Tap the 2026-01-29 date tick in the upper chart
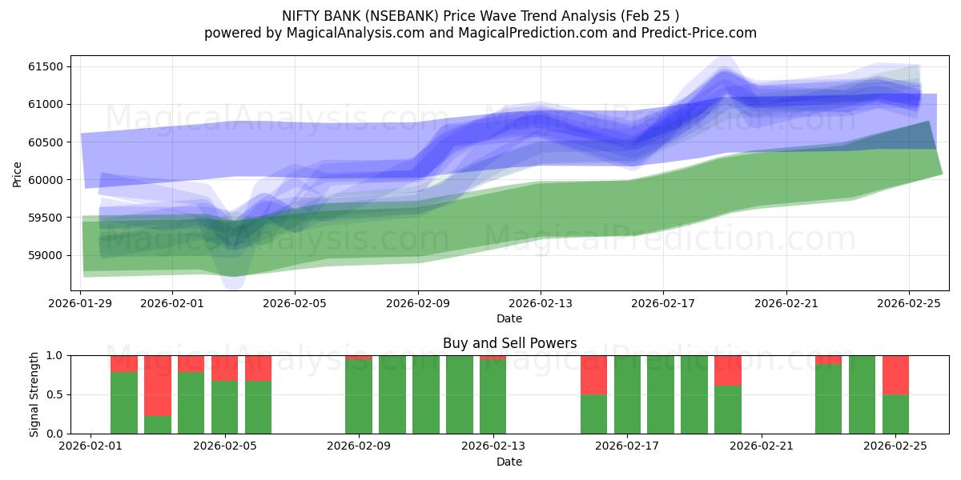[81, 303]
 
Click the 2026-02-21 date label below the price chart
[786, 303]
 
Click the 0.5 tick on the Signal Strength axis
[56, 394]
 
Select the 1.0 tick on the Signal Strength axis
[56, 355]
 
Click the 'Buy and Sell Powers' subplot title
[509, 343]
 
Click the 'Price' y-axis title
[18, 174]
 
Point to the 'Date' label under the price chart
[509, 318]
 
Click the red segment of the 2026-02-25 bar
[895, 374]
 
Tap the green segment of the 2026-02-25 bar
[895, 414]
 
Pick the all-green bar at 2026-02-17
[627, 394]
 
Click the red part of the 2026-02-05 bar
[225, 368]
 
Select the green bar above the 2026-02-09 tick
[359, 397]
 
